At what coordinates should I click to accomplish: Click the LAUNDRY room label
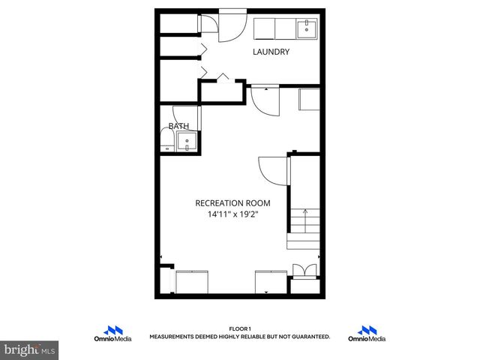(271, 52)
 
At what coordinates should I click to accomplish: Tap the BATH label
(178, 126)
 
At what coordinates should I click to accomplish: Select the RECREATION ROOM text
(232, 202)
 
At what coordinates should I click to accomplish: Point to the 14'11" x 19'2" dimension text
(232, 214)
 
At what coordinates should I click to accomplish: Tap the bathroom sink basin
(188, 141)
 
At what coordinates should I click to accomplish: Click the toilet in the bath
(166, 140)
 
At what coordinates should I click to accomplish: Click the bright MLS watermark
(30, 350)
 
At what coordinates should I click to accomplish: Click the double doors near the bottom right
(304, 271)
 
